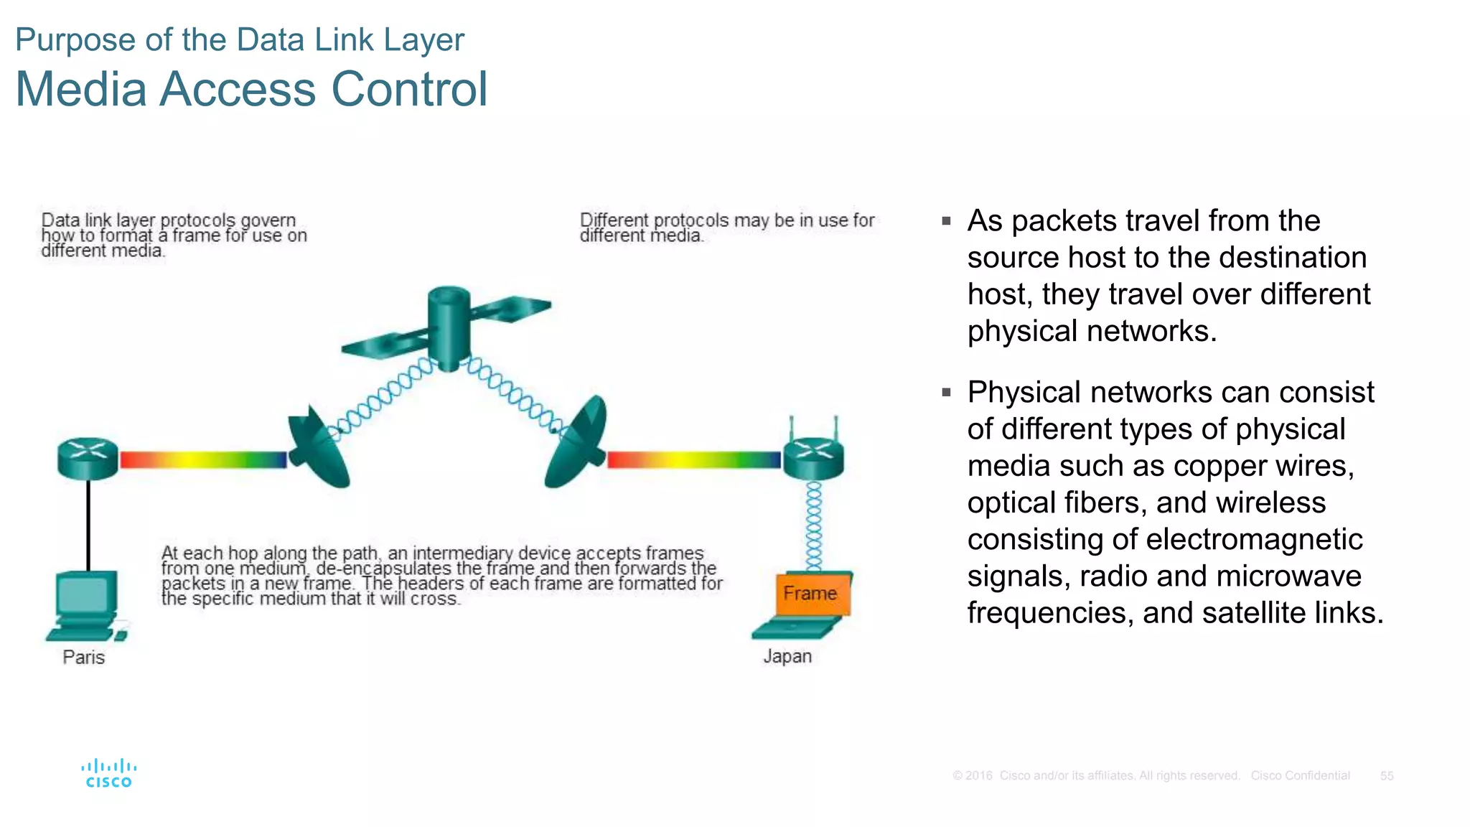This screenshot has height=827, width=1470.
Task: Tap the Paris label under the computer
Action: tap(83, 657)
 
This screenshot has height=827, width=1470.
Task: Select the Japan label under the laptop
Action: tap(787, 656)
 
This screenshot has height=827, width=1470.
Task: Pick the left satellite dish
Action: tap(317, 449)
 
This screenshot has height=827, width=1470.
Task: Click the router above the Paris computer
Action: tap(88, 458)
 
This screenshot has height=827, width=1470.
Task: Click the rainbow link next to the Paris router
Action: tap(203, 459)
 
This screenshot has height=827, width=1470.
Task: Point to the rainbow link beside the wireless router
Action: tap(693, 459)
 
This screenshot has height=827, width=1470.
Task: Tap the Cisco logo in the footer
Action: tap(109, 773)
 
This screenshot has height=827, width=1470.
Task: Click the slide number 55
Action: tap(1386, 776)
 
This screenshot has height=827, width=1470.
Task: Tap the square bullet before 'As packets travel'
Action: tap(947, 221)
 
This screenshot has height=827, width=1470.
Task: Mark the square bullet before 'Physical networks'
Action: tap(947, 393)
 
